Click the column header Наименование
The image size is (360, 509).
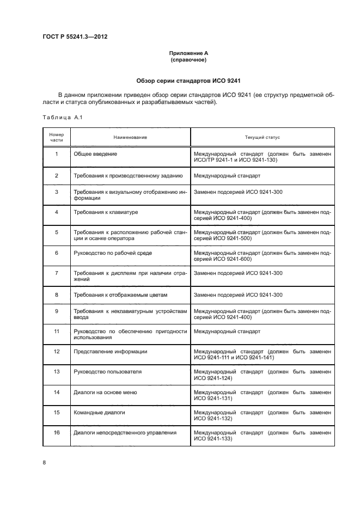(x=130, y=137)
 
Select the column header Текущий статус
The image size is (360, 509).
(x=263, y=137)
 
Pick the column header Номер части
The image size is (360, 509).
(x=57, y=137)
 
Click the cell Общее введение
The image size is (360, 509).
(x=95, y=154)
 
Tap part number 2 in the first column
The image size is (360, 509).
(x=57, y=176)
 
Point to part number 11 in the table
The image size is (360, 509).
(x=57, y=331)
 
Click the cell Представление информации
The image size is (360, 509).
(x=110, y=351)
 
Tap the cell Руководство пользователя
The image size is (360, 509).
(x=107, y=372)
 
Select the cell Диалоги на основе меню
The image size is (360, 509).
(x=105, y=392)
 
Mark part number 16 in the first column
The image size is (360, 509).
(x=57, y=433)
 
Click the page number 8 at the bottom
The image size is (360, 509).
(x=45, y=463)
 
